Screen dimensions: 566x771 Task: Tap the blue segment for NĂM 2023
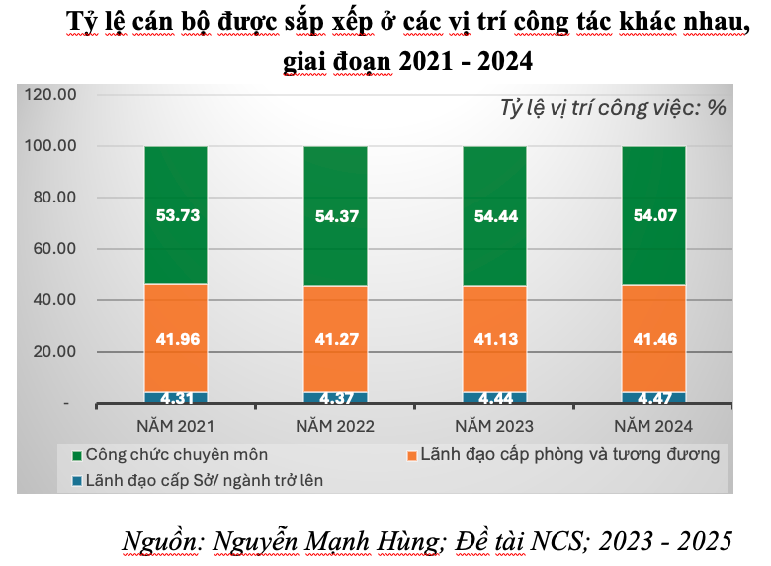494,398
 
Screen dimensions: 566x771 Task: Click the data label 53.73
176,214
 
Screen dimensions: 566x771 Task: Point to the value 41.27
335,339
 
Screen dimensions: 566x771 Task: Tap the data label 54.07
653,214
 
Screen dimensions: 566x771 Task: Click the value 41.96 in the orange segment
176,339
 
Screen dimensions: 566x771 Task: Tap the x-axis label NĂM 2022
335,427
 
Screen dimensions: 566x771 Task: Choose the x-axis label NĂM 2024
653,427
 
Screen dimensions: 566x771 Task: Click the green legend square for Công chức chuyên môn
76,456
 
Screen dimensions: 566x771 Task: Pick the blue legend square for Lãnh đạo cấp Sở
76,481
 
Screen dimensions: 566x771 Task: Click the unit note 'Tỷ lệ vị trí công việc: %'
613,107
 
